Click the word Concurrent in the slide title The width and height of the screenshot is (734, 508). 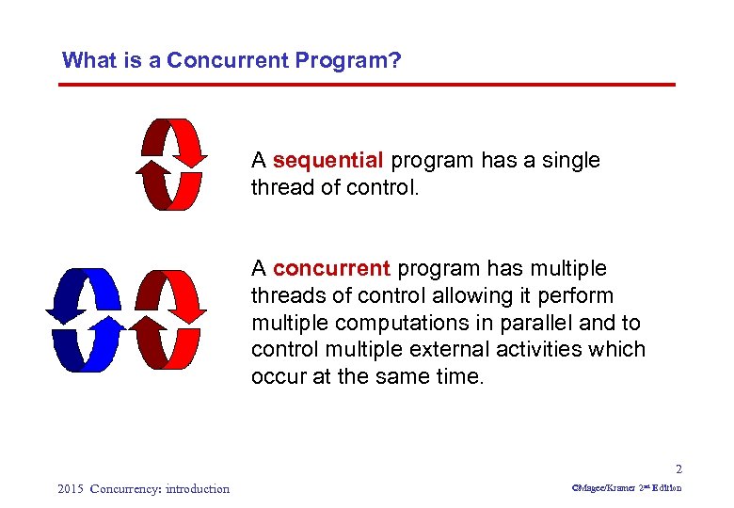228,61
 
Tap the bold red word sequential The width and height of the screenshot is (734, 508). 328,161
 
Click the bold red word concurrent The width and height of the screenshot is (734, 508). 331,269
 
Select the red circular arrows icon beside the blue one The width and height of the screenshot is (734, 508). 168,320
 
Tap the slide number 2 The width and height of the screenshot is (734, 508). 678,469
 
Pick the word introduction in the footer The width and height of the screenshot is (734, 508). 197,488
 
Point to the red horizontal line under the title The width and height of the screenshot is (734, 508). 367,85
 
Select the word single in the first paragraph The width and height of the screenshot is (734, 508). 569,161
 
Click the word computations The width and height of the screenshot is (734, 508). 391,323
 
